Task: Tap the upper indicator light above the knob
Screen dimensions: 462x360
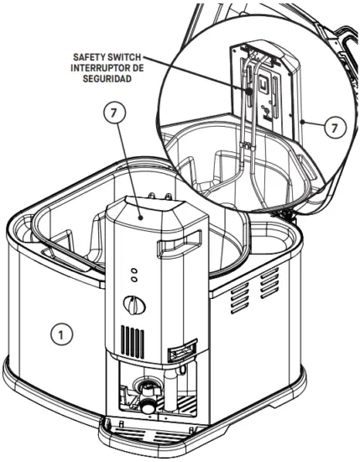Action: [x=133, y=271]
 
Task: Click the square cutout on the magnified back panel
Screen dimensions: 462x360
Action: [x=263, y=87]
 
